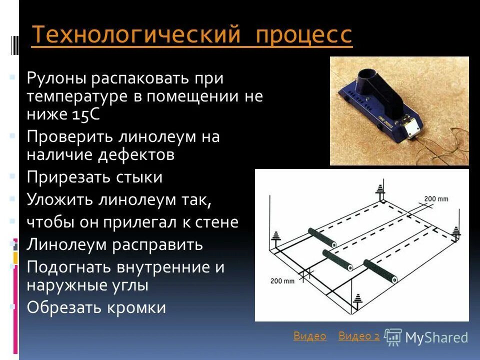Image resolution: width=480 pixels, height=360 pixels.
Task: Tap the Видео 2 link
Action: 358,336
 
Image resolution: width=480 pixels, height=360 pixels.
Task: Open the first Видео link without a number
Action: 309,336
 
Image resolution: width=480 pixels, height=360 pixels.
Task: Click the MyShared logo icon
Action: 393,337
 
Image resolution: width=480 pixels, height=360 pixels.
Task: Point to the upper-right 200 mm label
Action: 436,198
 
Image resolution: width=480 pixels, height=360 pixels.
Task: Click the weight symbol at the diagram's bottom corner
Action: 358,302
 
